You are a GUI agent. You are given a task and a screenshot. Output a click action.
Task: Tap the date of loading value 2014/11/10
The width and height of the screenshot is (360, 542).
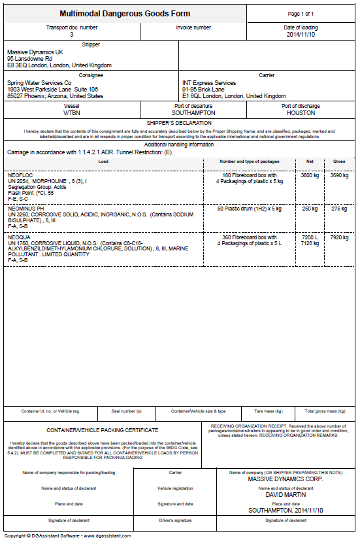coord(301,35)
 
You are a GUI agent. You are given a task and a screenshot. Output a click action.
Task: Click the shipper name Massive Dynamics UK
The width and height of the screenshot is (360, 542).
coord(35,52)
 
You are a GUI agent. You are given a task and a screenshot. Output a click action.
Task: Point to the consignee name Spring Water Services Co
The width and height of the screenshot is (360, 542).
coord(39,83)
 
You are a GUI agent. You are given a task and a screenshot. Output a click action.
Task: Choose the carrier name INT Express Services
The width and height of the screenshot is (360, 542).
coord(209,83)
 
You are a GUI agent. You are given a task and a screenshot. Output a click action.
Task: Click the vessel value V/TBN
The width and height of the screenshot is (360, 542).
coord(72,112)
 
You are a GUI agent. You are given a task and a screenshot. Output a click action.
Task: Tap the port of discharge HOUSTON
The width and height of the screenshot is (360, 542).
coord(301,112)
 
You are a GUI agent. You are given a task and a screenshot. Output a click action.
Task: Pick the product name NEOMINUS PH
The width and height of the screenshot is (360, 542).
coord(25,208)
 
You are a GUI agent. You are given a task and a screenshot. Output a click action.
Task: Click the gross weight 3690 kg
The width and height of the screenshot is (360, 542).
coord(339,175)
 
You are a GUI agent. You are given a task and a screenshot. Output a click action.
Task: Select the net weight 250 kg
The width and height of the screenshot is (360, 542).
coord(310,208)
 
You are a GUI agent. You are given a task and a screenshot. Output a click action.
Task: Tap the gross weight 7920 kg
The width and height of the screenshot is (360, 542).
coord(339,237)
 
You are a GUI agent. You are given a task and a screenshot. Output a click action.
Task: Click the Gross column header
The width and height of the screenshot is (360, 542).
coord(339,161)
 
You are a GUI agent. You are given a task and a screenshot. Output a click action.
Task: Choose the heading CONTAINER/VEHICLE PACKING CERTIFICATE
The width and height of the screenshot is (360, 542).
coord(103,430)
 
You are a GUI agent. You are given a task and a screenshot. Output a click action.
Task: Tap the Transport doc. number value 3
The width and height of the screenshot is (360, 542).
coord(72,34)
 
